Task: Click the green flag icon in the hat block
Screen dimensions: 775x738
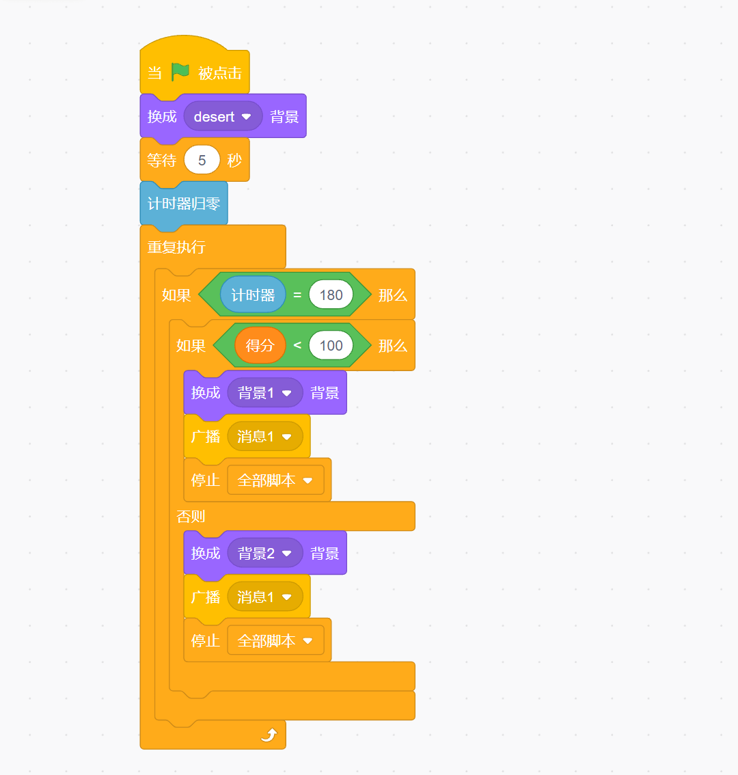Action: click(180, 71)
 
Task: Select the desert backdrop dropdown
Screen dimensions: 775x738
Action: click(223, 117)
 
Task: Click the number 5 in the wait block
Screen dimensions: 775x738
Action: click(202, 161)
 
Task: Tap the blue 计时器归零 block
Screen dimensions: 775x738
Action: click(183, 204)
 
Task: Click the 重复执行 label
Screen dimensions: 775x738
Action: click(176, 247)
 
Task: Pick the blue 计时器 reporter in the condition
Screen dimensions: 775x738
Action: click(253, 295)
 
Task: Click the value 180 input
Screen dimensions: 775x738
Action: click(331, 295)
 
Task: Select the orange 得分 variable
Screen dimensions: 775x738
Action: click(260, 346)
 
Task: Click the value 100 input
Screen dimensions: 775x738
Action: click(331, 346)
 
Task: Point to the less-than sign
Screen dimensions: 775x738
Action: click(297, 345)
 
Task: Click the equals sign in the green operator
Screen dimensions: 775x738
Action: click(297, 295)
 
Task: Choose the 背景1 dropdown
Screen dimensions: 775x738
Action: click(264, 393)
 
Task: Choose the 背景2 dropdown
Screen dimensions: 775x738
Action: click(264, 554)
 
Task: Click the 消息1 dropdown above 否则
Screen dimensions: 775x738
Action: click(264, 437)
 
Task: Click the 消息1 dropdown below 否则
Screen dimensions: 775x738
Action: click(264, 597)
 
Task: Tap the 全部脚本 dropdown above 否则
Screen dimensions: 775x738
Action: click(275, 480)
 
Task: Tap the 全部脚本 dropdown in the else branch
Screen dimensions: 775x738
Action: click(275, 641)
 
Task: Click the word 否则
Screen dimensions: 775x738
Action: click(191, 517)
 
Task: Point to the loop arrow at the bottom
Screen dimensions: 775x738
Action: click(269, 735)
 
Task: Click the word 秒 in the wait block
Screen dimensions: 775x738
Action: click(234, 161)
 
